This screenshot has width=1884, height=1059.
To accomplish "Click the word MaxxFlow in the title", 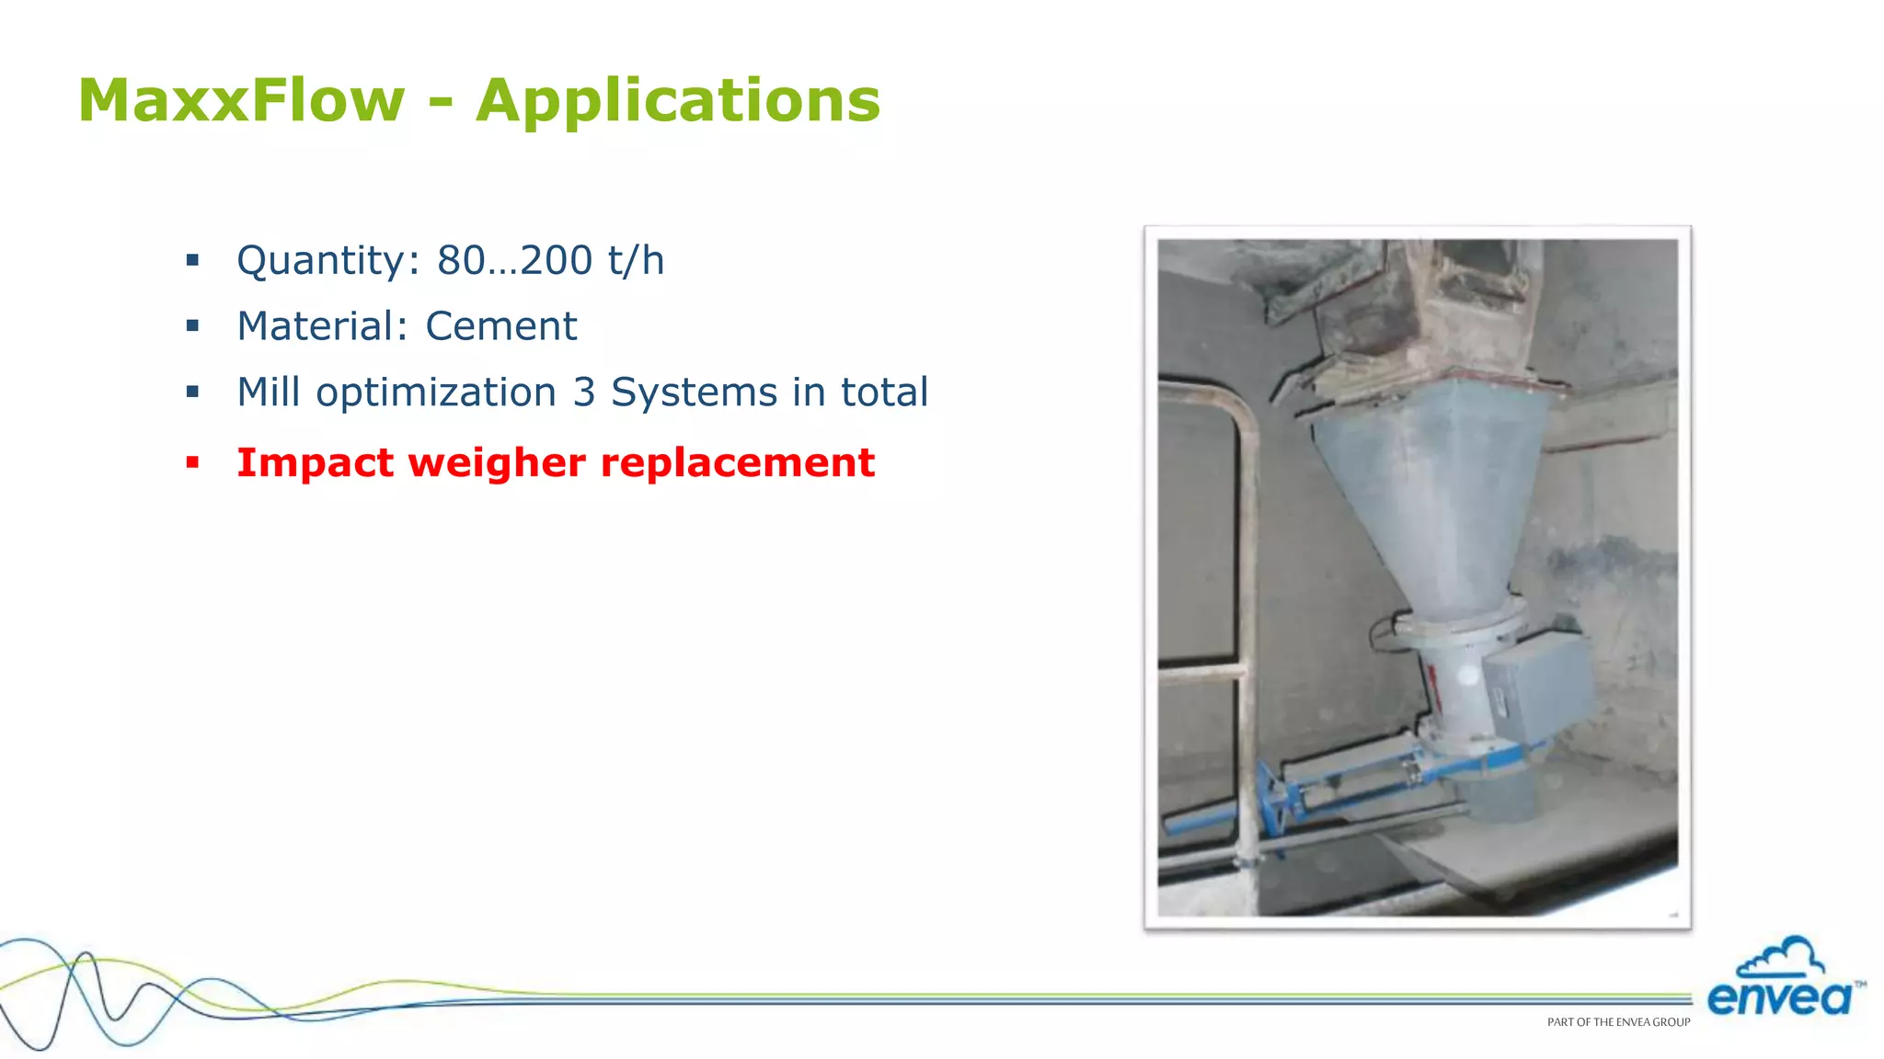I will (241, 100).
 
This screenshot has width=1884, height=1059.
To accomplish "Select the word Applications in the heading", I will (678, 102).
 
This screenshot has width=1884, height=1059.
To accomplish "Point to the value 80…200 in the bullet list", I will (514, 260).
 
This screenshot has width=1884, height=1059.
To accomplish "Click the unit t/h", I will (636, 260).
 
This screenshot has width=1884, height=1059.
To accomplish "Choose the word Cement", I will (500, 326).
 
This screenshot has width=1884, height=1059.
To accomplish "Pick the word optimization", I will (436, 393).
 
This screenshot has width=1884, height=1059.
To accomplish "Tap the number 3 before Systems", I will (584, 393).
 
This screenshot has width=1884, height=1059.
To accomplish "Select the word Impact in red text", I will (316, 462).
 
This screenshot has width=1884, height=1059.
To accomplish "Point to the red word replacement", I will (737, 463).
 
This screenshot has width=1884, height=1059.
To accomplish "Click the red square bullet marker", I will (192, 461).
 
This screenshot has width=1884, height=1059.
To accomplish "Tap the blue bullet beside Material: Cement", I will (192, 325).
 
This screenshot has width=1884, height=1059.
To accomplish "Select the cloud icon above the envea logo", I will (1782, 958).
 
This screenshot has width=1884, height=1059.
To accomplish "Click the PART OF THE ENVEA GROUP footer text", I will (1618, 1022).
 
